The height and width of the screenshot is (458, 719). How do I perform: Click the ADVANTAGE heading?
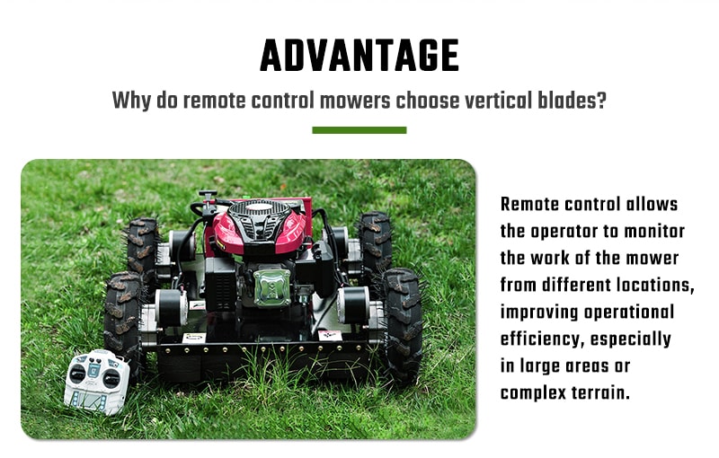(x=359, y=56)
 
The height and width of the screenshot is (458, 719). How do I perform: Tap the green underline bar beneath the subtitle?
(x=359, y=130)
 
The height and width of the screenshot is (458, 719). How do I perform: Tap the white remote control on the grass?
(x=97, y=382)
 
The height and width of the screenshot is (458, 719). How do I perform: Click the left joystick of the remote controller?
(x=77, y=374)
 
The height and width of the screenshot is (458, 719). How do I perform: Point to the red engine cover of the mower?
(x=260, y=226)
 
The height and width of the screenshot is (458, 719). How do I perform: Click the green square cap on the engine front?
(x=272, y=287)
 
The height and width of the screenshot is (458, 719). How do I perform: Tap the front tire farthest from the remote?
(x=402, y=325)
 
